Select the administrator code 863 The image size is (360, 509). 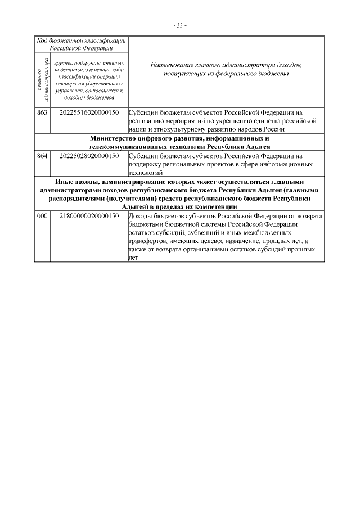[42, 111]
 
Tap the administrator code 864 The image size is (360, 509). [42, 155]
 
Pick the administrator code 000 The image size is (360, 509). [42, 215]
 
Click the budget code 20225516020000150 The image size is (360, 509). [88, 111]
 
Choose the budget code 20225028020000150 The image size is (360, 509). [88, 155]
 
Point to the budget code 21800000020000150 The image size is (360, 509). [88, 215]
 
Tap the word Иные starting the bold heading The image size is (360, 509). [65, 182]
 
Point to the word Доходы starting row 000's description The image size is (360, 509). [141, 215]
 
